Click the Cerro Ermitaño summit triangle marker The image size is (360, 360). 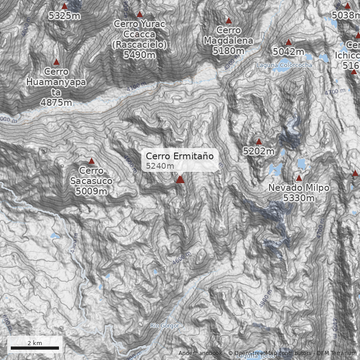click(180, 180)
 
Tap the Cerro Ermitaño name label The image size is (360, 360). click(179, 157)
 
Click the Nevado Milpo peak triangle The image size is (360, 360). click(299, 178)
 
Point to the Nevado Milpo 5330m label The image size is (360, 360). click(299, 193)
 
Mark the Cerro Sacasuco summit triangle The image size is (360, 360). click(92, 161)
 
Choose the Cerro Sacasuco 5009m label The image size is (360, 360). click(91, 181)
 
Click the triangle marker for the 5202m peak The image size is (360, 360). click(259, 142)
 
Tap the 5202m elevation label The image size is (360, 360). click(259, 151)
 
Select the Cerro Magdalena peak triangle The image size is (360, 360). click(229, 21)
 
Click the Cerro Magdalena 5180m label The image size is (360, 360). click(229, 41)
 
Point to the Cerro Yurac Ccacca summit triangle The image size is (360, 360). click(139, 14)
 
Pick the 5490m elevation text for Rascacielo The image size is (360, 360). click(139, 55)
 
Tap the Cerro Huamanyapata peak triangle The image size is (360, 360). click(57, 62)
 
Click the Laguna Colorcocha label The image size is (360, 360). click(284, 65)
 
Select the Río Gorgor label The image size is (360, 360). click(165, 326)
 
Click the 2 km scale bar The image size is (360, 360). click(35, 348)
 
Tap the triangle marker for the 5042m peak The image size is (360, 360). click(289, 42)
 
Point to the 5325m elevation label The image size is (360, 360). click(64, 16)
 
